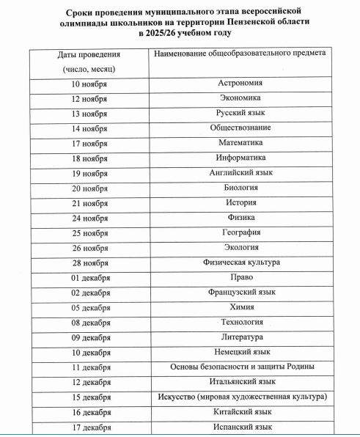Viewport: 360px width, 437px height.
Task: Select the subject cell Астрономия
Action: [x=241, y=83]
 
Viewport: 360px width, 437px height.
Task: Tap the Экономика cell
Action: [x=241, y=98]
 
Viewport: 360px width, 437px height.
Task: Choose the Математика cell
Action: [x=241, y=143]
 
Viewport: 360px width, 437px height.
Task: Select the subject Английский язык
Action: [x=241, y=173]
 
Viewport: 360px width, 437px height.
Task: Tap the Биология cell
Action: [x=241, y=188]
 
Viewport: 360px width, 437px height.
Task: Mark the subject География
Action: [x=241, y=232]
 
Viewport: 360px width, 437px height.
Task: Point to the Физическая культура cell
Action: [x=241, y=262]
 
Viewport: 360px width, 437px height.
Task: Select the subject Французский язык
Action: [x=241, y=293]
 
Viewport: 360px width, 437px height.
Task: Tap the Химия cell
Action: [x=241, y=307]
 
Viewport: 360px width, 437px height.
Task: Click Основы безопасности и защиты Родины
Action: [x=241, y=367]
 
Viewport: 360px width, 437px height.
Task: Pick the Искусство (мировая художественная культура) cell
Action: [x=241, y=397]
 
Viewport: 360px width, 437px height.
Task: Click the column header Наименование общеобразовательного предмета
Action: [x=241, y=54]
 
